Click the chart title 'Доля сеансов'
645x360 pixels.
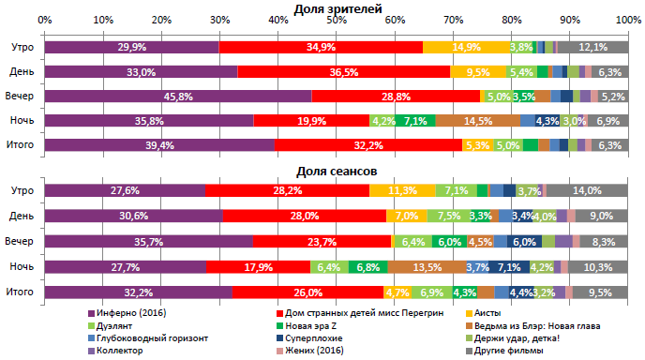point(337,172)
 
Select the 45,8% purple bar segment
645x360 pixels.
point(177,96)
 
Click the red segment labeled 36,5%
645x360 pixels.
point(343,71)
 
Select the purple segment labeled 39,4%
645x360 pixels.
point(159,144)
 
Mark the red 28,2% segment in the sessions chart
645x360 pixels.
point(287,190)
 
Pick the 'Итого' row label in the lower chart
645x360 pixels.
point(22,292)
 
